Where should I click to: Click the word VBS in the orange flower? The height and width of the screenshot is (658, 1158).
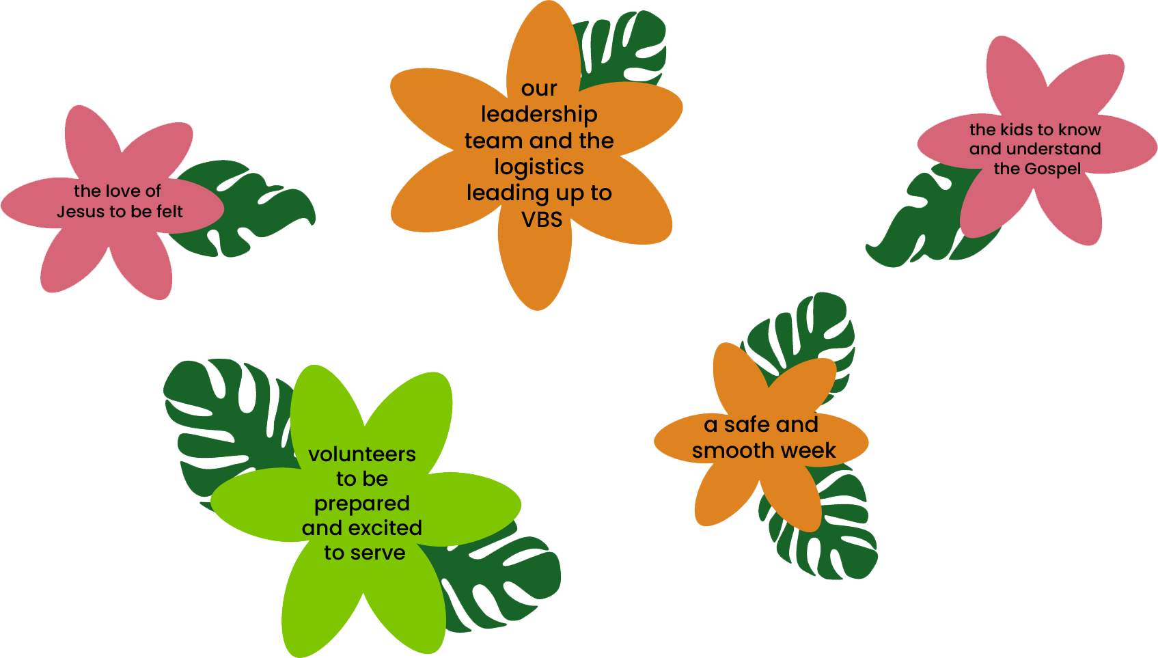[541, 220]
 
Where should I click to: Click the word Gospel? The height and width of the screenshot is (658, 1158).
[1053, 169]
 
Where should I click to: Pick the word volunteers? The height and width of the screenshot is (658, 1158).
[362, 454]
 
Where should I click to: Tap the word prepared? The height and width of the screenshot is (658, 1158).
[362, 504]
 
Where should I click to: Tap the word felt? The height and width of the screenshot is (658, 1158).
[169, 211]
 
